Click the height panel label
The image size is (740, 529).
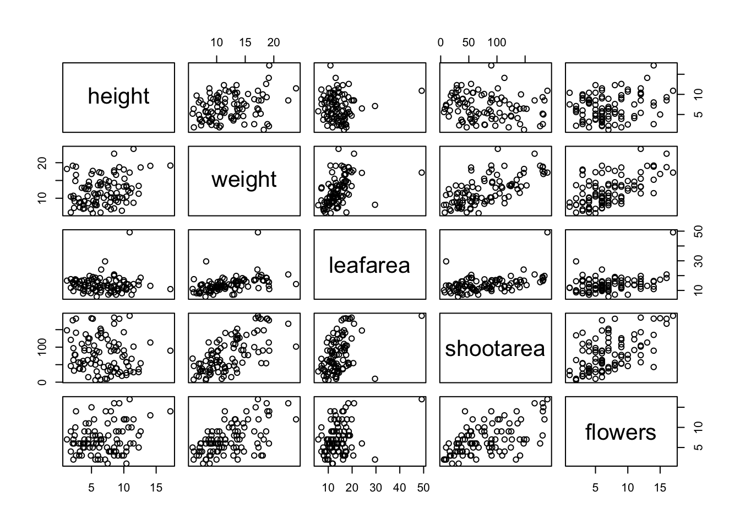pyautogui.click(x=118, y=96)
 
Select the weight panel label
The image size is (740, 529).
pyautogui.click(x=244, y=180)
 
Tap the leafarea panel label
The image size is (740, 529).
pyautogui.click(x=369, y=266)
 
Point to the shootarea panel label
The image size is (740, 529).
pyautogui.click(x=495, y=348)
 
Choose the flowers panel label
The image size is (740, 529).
pyautogui.click(x=621, y=433)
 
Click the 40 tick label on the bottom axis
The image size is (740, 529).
pyautogui.click(x=399, y=488)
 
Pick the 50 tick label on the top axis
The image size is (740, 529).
pyautogui.click(x=469, y=42)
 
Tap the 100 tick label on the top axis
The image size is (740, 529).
pyautogui.click(x=497, y=42)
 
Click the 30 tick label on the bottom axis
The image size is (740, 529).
pyautogui.click(x=376, y=488)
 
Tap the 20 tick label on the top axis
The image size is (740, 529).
pyautogui.click(x=274, y=42)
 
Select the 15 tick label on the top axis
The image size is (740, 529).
pyautogui.click(x=245, y=42)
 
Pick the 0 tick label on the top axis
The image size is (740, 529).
pyautogui.click(x=440, y=42)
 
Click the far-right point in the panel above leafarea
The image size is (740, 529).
pyautogui.click(x=422, y=91)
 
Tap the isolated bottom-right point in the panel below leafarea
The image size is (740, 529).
pyautogui.click(x=375, y=379)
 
